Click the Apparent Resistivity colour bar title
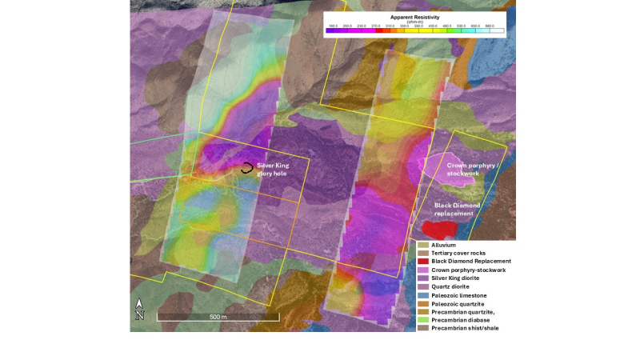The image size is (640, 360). pos(414,16)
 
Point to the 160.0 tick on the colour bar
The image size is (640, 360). pos(334,26)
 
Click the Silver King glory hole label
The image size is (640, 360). pos(272,170)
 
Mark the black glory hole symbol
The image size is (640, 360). pos(247,168)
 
